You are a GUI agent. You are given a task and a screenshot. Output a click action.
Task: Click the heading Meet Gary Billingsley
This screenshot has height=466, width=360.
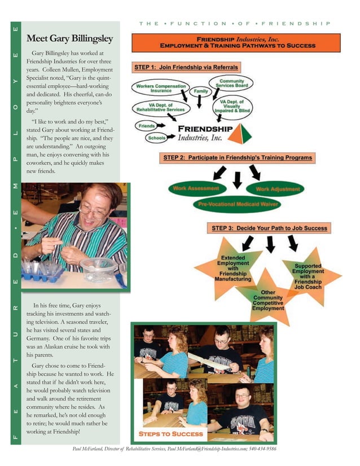pos(69,38)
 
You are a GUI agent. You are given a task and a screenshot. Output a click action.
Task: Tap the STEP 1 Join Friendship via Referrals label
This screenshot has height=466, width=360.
pos(186,67)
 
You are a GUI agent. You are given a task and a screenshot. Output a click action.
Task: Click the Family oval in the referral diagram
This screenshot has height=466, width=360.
pos(201,91)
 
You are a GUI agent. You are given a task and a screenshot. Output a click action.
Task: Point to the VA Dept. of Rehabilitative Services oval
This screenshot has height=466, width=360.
pos(160,107)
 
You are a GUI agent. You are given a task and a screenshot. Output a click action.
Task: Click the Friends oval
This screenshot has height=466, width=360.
pos(147,126)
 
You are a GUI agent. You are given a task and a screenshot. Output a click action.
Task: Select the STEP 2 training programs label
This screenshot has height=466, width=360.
pos(237,157)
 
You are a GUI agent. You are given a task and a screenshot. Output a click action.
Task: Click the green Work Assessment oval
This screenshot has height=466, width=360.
pos(196,188)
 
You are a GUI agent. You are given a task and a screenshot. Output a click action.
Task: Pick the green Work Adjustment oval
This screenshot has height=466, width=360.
pos(278,189)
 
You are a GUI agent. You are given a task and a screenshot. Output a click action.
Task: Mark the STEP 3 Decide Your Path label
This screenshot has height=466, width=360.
pos(269,228)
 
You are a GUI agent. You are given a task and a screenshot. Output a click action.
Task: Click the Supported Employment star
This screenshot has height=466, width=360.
pos(308,276)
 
